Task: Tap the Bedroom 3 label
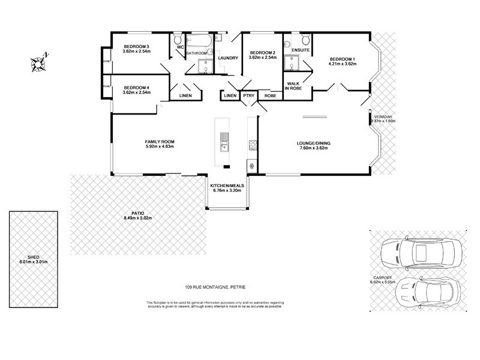136,47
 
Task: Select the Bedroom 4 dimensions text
136,93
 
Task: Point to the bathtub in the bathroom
198,43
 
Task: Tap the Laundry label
228,58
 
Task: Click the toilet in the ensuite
305,41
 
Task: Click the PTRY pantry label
248,96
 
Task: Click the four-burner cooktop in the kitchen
253,145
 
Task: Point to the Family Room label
159,141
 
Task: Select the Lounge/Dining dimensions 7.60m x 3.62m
313,148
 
